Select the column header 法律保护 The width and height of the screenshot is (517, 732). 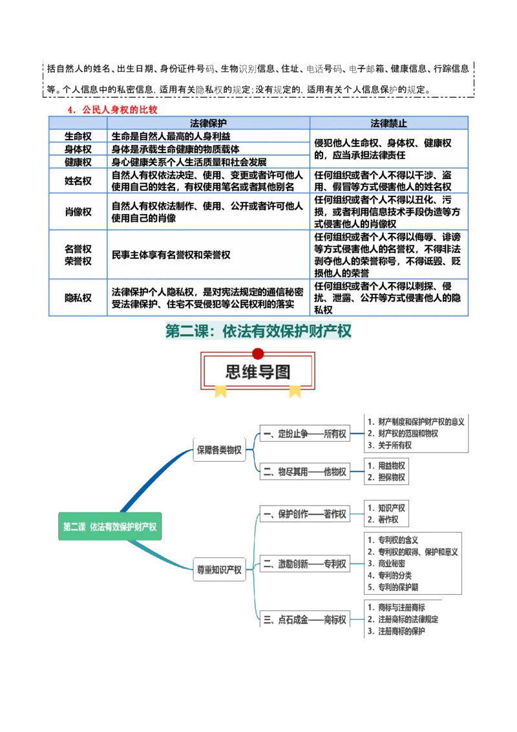point(208,123)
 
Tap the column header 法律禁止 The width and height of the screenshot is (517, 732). point(388,123)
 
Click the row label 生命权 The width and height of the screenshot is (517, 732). point(78,136)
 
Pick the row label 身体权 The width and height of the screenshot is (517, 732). point(78,149)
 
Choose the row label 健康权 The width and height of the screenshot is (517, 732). point(78,162)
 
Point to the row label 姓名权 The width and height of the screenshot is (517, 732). point(78,181)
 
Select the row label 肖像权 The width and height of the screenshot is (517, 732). point(78,211)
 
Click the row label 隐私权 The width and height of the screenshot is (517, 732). point(78,297)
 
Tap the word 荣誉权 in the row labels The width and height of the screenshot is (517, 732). point(78,261)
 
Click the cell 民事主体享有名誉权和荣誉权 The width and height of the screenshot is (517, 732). point(171,255)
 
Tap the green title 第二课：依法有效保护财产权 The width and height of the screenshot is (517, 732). point(258,332)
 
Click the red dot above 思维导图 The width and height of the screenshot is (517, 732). point(258,354)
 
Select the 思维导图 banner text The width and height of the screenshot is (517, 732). point(258,372)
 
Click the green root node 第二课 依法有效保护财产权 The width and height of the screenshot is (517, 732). point(109,526)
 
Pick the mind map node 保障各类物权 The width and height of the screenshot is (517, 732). point(219,450)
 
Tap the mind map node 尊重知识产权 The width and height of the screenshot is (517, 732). point(219,570)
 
